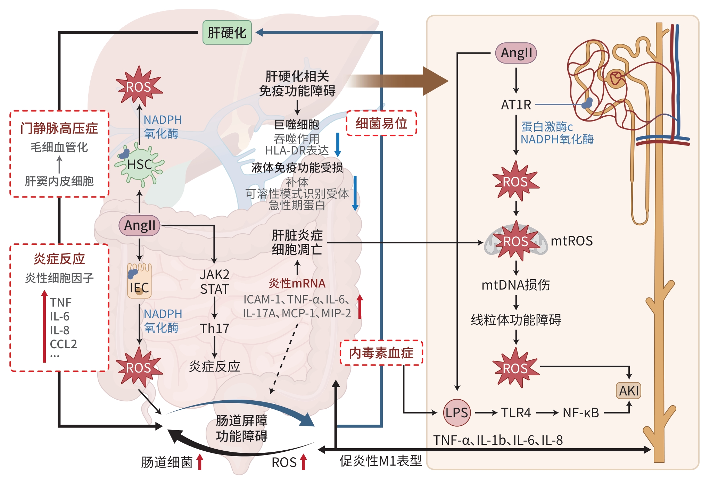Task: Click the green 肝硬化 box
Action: pyautogui.click(x=227, y=33)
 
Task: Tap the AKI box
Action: pyautogui.click(x=628, y=391)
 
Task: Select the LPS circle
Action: pyautogui.click(x=457, y=413)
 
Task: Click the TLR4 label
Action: pyautogui.click(x=516, y=413)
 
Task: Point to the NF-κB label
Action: pyautogui.click(x=581, y=413)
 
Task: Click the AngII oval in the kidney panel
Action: pyautogui.click(x=516, y=53)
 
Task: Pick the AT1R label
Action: pyautogui.click(x=516, y=105)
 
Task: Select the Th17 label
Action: pyautogui.click(x=214, y=328)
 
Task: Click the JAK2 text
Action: pyautogui.click(x=214, y=275)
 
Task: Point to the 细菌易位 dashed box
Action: pyautogui.click(x=381, y=123)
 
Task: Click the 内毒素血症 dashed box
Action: pyautogui.click(x=381, y=353)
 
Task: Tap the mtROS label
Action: pyautogui.click(x=572, y=241)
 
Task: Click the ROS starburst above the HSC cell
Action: pyautogui.click(x=139, y=86)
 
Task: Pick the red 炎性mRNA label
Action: pyautogui.click(x=297, y=283)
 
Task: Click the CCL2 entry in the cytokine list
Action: pyautogui.click(x=63, y=344)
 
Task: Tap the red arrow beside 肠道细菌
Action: pyautogui.click(x=200, y=462)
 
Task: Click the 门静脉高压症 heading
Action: pyautogui.click(x=59, y=128)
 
